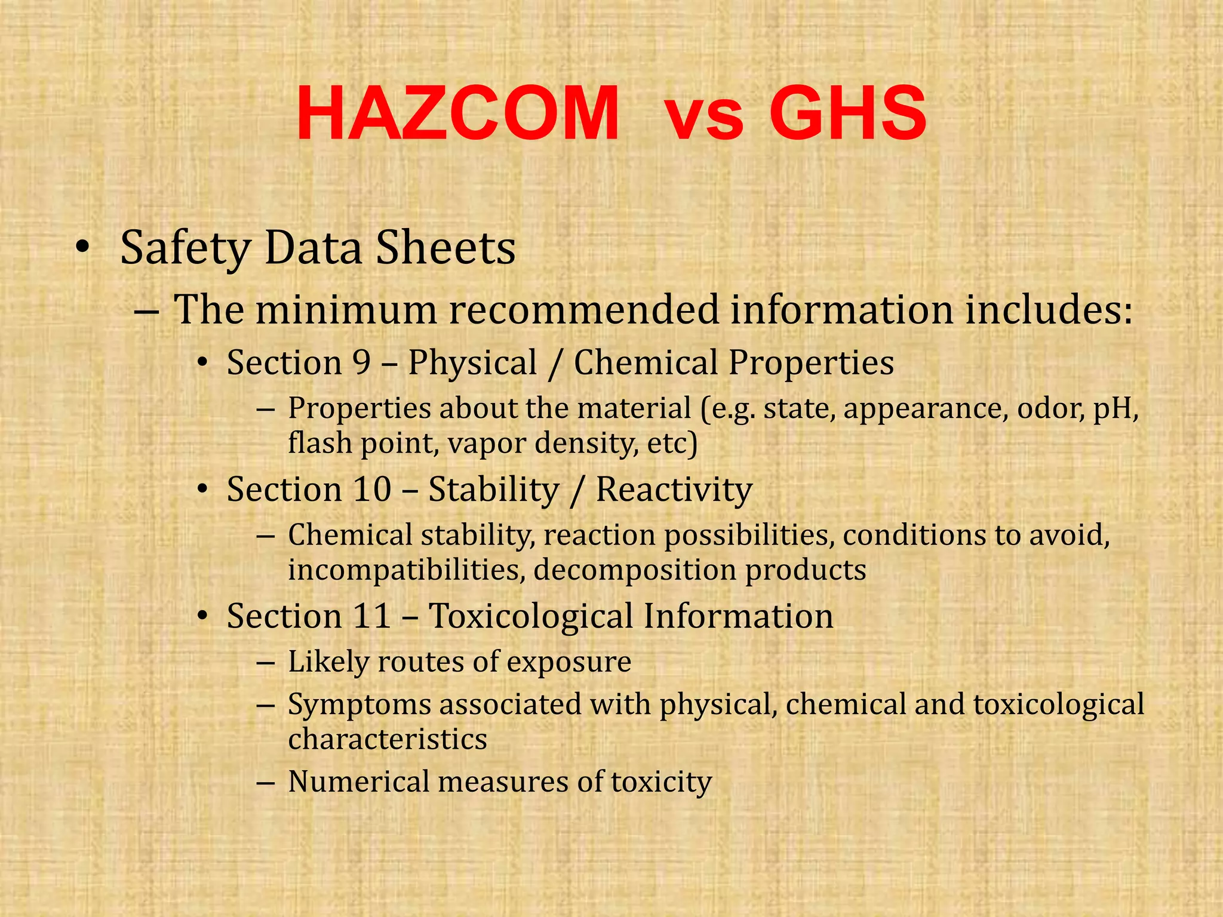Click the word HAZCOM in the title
coord(457,114)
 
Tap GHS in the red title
coord(848,114)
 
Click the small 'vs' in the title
coord(705,119)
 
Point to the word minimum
coord(346,310)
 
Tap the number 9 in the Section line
coord(361,362)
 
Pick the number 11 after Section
coord(371,616)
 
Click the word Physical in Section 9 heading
coord(472,362)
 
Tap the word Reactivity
coord(674,489)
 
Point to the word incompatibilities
coord(406,570)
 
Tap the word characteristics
coord(388,739)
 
